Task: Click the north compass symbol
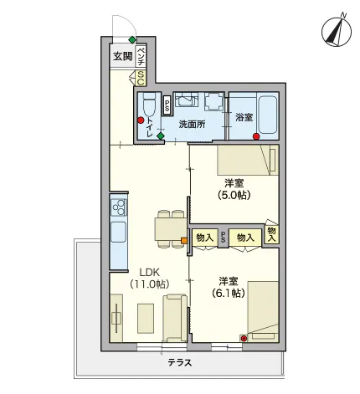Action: click(x=337, y=31)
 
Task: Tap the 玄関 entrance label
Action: click(x=122, y=57)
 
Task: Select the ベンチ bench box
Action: click(x=141, y=56)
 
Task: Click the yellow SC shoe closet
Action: click(x=141, y=79)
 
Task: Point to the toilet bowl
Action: click(x=148, y=105)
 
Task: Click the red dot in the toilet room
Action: click(x=141, y=120)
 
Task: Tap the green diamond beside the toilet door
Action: click(x=160, y=136)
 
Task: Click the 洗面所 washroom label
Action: click(x=192, y=125)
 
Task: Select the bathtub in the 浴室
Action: click(x=268, y=115)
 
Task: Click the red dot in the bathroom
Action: click(x=256, y=136)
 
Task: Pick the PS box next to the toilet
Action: click(x=167, y=105)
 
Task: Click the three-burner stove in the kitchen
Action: click(x=119, y=207)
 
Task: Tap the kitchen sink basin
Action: click(x=119, y=232)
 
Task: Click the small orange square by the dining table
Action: click(x=184, y=240)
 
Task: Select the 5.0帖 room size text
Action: click(x=234, y=195)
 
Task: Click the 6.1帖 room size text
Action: click(x=229, y=293)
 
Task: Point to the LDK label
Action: click(x=149, y=272)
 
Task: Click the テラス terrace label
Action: click(x=180, y=363)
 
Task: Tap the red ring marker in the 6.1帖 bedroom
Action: click(x=244, y=339)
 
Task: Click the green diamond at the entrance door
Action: click(x=132, y=40)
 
